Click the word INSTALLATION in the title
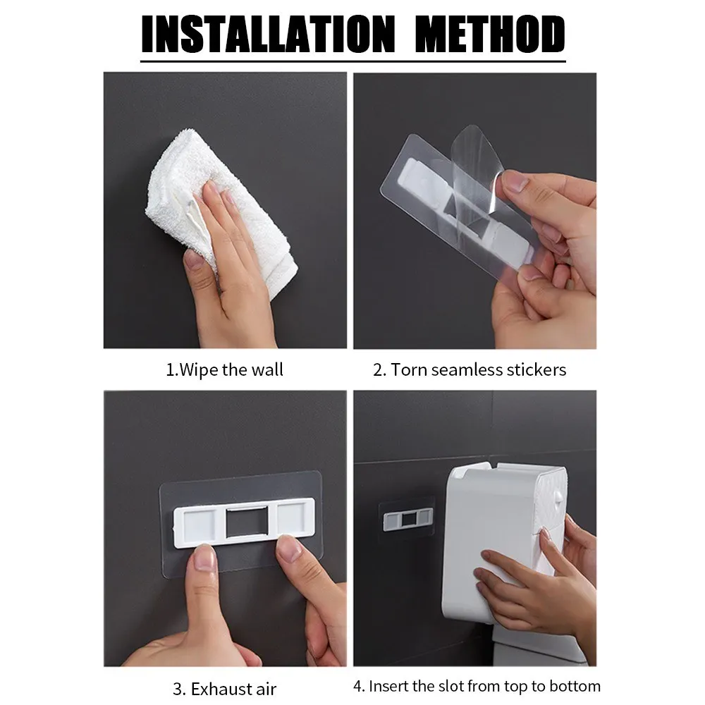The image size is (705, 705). pyautogui.click(x=268, y=35)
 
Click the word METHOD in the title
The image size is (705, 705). pyautogui.click(x=490, y=35)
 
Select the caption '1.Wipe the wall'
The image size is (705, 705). pyautogui.click(x=224, y=369)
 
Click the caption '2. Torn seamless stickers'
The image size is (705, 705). pyautogui.click(x=470, y=369)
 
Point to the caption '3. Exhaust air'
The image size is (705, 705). pyautogui.click(x=224, y=689)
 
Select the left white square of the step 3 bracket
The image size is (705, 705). pyautogui.click(x=200, y=524)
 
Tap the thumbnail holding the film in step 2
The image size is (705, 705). pyautogui.click(x=515, y=182)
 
